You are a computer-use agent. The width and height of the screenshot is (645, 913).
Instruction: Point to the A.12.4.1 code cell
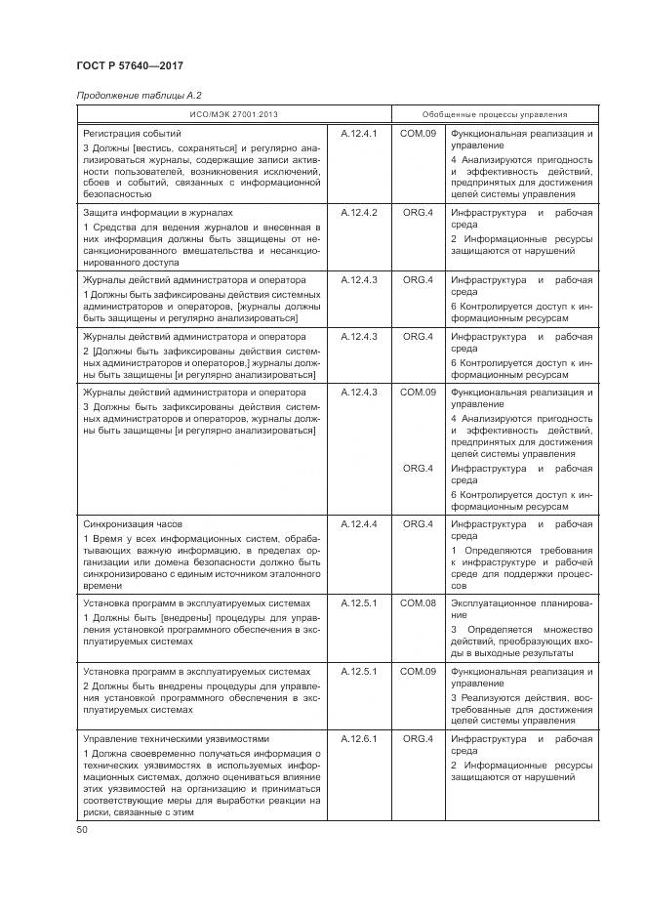pos(358,132)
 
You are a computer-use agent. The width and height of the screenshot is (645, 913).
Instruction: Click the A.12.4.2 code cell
pos(358,212)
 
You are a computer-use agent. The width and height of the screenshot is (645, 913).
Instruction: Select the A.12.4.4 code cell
pos(358,524)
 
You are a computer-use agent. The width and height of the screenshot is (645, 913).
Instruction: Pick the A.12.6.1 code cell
pos(358,739)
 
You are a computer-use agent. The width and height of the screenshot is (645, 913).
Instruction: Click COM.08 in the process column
pos(418,603)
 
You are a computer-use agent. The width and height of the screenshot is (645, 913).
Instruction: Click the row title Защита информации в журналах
pos(158,212)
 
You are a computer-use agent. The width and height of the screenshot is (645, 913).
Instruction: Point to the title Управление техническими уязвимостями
pos(176,739)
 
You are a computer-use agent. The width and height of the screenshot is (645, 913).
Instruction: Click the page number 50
pos(82,829)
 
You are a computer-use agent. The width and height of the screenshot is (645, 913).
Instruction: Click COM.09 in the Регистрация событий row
pos(418,132)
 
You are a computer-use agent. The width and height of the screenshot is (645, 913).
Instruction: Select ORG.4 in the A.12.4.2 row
pos(418,212)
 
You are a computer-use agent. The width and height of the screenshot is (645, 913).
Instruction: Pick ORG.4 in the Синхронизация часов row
pos(418,524)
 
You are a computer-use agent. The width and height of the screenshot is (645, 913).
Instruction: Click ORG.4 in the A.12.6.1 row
pos(418,739)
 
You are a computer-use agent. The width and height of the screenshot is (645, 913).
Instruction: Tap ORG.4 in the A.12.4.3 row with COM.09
pos(418,469)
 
